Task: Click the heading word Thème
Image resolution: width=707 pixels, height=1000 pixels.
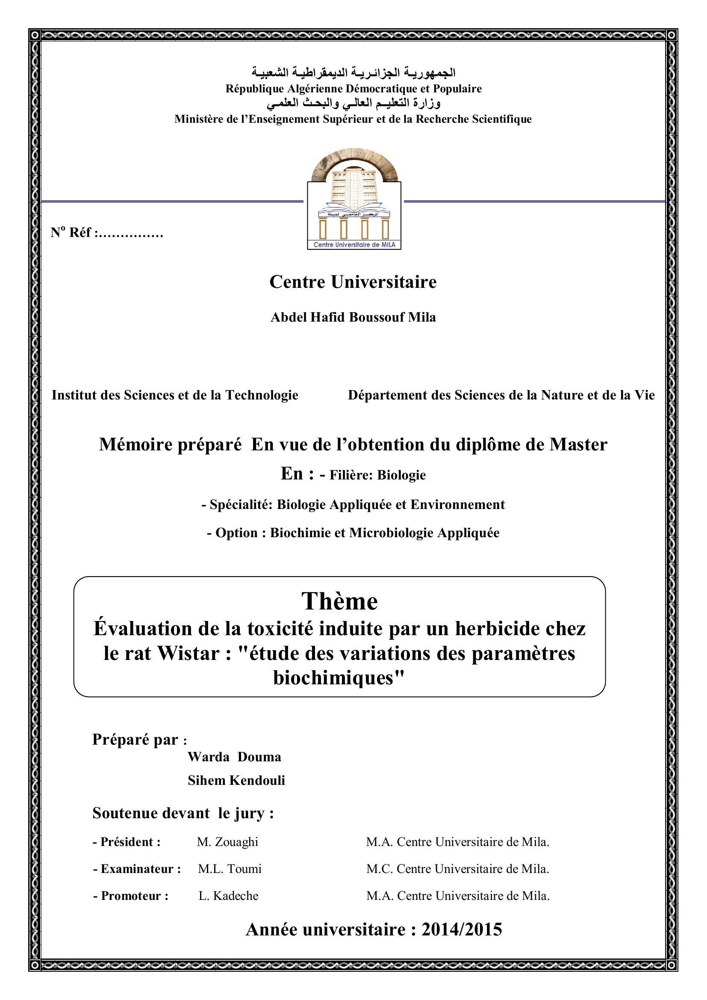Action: click(x=339, y=601)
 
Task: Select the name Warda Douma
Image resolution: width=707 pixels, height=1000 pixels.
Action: click(x=234, y=757)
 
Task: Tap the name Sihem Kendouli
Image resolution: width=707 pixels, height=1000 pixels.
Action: click(x=236, y=781)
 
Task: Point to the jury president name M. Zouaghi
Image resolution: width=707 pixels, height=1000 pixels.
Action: click(x=227, y=842)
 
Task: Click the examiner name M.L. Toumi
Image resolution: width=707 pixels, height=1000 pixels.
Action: click(x=230, y=869)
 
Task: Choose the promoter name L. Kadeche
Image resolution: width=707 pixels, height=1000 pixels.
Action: click(x=229, y=896)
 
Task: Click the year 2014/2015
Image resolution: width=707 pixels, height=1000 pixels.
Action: click(x=462, y=929)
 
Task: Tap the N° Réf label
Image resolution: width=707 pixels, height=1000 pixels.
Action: click(x=107, y=233)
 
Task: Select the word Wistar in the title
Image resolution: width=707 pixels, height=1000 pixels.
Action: click(x=189, y=653)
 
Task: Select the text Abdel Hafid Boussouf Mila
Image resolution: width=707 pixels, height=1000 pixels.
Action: click(x=353, y=317)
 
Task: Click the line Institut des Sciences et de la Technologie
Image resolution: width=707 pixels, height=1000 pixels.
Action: click(x=175, y=395)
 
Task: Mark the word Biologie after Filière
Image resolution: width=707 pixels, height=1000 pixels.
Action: click(x=401, y=475)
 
